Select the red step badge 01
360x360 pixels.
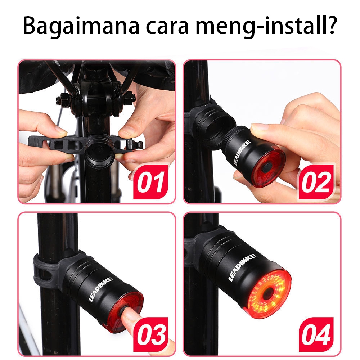[151, 182]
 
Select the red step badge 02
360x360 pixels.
[316, 182]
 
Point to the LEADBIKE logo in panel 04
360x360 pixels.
[243, 268]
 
